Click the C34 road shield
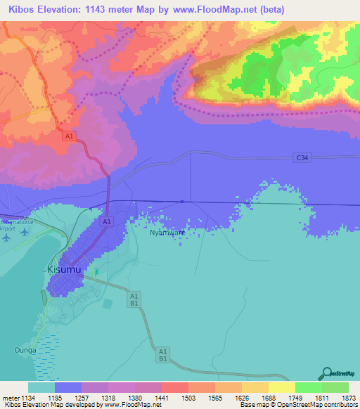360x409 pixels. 302,159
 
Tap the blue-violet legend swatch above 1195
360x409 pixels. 68,387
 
